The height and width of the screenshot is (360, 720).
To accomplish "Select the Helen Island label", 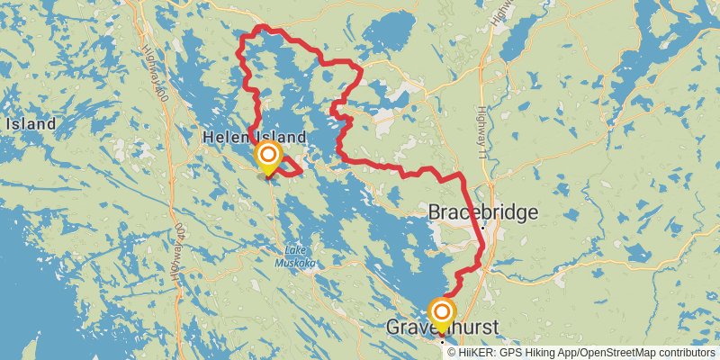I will click(255, 138).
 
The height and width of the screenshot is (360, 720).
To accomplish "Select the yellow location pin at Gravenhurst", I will click(442, 314).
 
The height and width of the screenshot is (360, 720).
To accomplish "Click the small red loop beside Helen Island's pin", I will click(291, 167).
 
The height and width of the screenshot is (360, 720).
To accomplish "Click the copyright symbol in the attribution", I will click(451, 352).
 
